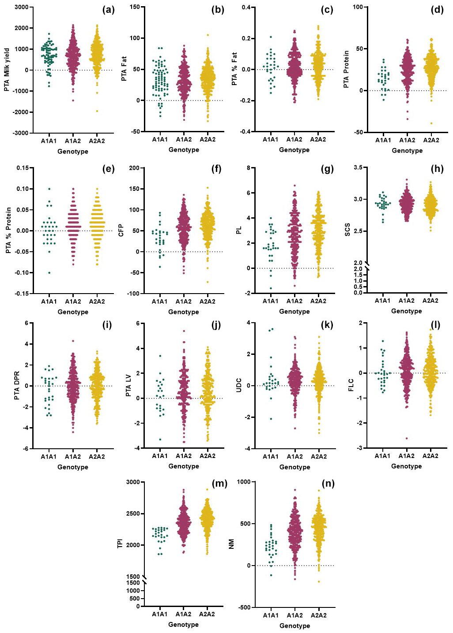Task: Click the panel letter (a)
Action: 108,10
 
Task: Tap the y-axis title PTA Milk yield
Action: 7,70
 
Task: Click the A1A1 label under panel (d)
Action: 383,140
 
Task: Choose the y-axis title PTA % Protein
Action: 8,230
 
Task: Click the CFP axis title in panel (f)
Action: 121,231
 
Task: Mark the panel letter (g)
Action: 327,169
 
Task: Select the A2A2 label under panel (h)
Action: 430,301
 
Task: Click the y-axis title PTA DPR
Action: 17,386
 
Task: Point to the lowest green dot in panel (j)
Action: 160,439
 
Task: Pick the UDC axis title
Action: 239,385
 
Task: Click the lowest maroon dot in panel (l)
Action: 407,438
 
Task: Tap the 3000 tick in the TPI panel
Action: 133,482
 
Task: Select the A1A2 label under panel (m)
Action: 183,614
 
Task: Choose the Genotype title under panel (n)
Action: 294,626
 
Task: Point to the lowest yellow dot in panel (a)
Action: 97,111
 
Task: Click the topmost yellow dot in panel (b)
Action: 208,35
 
